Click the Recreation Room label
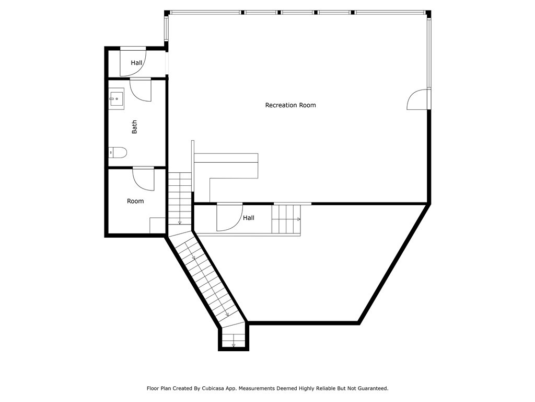290,105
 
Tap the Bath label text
134,127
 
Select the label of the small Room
135,201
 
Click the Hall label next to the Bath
136,63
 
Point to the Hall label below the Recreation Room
249,218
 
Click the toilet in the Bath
119,153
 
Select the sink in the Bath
117,98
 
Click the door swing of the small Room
144,178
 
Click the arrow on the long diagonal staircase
194,257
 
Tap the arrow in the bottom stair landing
233,344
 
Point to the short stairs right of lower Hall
286,219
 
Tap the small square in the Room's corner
158,226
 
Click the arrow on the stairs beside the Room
180,221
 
